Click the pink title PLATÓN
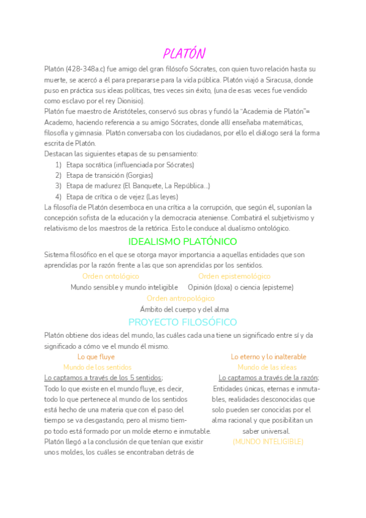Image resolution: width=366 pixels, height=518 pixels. pos(184,53)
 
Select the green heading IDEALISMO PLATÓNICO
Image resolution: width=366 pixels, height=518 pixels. pos(183,242)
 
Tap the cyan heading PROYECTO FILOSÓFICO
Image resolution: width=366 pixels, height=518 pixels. pos(183,322)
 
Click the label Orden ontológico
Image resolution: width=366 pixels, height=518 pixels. pos(110,276)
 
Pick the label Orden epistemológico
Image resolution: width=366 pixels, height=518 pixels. pos(234,276)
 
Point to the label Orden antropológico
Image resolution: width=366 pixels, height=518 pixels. pos(181,298)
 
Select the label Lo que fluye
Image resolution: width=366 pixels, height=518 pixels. pos(96,357)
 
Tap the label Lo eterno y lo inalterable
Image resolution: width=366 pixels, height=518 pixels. pos(268,357)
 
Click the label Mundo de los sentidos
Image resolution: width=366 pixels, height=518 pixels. pos(97,367)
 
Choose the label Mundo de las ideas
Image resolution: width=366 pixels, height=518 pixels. pos(267,367)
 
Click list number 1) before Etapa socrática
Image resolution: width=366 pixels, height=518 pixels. pos(59,165)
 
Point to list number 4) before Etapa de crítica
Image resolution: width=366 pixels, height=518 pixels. pos(59,196)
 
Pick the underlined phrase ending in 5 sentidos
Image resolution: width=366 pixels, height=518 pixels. pos(104,378)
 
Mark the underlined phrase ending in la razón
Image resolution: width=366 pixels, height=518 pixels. pos(268,378)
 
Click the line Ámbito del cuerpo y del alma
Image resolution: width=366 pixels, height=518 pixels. pos(184,309)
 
